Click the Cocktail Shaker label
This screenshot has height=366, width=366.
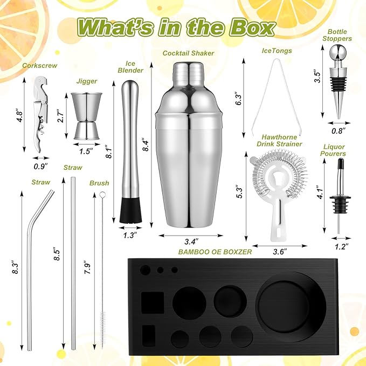188,53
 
